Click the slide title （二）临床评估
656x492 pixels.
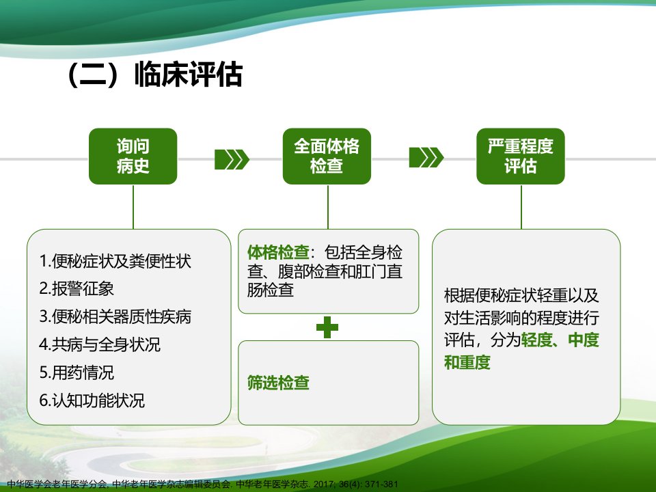tap(154, 74)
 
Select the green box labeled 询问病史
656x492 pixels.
tap(133, 156)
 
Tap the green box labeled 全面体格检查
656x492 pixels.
tap(327, 156)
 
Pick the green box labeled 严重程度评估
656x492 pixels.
tap(521, 156)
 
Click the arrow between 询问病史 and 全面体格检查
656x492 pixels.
tap(232, 159)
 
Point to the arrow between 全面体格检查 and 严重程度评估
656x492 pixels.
tap(426, 157)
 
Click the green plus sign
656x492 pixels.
tap(327, 327)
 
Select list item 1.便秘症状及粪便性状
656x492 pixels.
tap(115, 261)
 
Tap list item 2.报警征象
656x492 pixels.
tap(77, 288)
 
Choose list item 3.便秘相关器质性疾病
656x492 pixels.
tap(115, 316)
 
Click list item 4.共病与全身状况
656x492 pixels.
tap(100, 344)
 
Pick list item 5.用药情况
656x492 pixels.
tap(77, 372)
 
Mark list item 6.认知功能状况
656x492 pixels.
tap(92, 400)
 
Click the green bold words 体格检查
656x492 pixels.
tap(278, 252)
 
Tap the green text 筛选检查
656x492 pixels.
tap(278, 383)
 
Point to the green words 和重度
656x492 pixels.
tap(467, 362)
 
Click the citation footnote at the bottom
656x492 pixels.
tap(202, 484)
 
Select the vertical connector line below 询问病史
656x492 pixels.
tap(133, 206)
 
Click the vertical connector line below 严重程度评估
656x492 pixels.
tap(521, 206)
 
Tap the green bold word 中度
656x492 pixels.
tap(584, 340)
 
